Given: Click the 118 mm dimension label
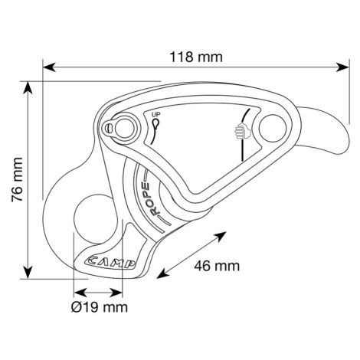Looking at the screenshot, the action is [x=196, y=57].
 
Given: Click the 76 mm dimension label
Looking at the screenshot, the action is [x=18, y=180].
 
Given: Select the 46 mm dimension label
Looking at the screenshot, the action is [x=217, y=266].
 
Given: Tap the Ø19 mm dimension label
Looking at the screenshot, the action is [x=100, y=307].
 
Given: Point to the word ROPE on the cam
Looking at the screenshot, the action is [x=151, y=199].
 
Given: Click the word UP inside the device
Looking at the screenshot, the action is [x=155, y=115].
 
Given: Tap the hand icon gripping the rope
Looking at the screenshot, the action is [x=242, y=130].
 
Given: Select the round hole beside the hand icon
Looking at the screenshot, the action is [x=272, y=128].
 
